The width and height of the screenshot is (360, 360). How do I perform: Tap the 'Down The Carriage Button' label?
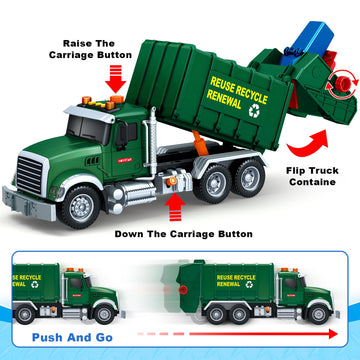click(x=183, y=233)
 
